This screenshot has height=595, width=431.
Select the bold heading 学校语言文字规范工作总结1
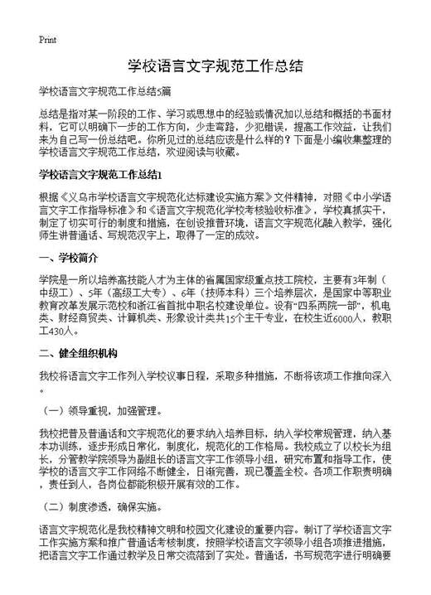point(104,174)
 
